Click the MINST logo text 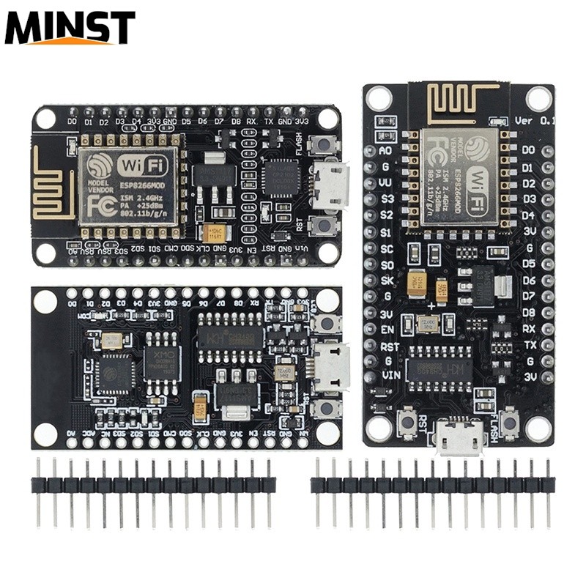tap(70, 28)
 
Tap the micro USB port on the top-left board tap(330, 185)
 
